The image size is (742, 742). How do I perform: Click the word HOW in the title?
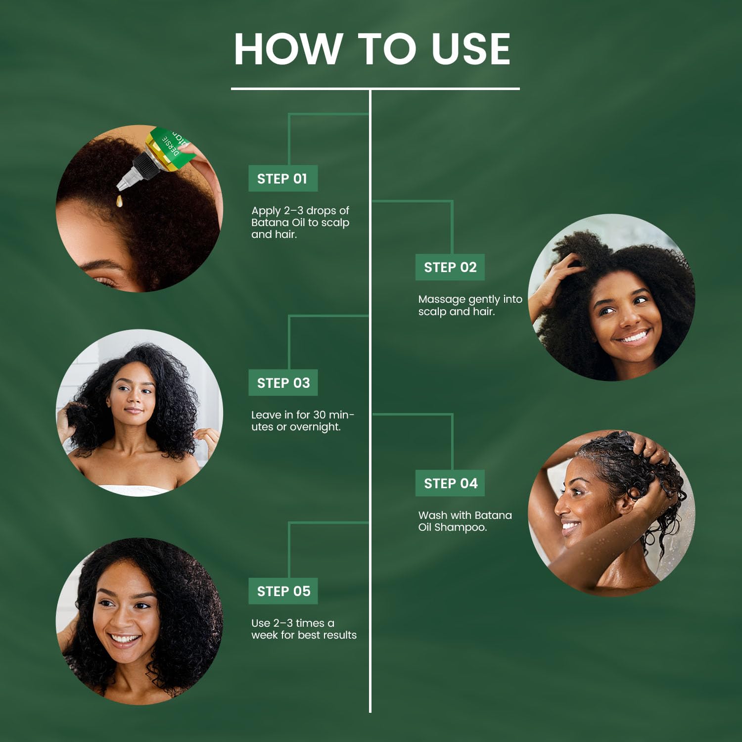[287, 49]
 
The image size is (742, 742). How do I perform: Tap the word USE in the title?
[470, 49]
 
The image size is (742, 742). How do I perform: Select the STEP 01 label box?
[282, 179]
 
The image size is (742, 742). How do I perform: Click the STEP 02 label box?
[450, 267]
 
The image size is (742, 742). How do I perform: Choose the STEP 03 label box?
[283, 383]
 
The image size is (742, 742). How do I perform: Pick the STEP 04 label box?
[450, 483]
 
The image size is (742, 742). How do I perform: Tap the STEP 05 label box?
[283, 591]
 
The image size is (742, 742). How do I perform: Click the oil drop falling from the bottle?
[119, 200]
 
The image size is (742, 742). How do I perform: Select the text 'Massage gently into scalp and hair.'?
[469, 305]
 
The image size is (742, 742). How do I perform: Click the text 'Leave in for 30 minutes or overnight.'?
[302, 421]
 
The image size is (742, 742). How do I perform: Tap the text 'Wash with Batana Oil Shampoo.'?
[464, 521]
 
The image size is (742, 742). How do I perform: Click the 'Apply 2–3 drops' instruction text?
[300, 223]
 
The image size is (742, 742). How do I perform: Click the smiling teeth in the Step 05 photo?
[125, 639]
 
